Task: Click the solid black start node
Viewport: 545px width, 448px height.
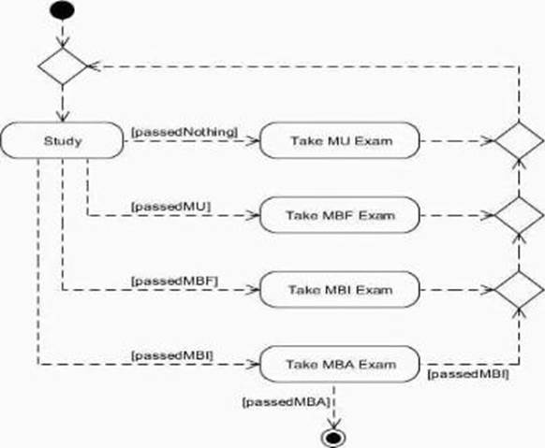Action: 62,10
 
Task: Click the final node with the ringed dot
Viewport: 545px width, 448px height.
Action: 333,438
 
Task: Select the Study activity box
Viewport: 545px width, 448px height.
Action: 62,140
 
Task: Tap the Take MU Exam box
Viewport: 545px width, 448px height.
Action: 340,140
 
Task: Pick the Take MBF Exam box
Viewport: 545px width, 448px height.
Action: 340,215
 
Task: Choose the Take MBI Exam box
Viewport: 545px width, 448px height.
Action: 340,290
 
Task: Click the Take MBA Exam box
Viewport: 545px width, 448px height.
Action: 340,365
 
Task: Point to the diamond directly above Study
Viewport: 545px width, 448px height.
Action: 63,65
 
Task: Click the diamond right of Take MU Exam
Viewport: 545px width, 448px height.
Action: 519,141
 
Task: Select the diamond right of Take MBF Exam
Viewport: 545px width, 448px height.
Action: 519,215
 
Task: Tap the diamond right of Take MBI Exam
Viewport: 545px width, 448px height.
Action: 519,290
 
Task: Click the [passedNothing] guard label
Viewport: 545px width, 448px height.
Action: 184,132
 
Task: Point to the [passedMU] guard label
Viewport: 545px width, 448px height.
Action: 171,207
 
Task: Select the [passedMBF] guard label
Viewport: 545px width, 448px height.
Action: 174,282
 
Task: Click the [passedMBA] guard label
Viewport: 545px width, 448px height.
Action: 286,402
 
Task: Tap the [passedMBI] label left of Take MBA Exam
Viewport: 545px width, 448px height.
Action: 172,355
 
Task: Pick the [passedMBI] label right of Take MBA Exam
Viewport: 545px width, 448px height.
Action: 468,374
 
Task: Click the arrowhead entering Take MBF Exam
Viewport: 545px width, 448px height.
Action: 252,215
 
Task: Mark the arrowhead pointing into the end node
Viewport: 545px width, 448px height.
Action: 333,424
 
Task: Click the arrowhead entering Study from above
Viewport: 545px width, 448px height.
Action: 63,117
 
